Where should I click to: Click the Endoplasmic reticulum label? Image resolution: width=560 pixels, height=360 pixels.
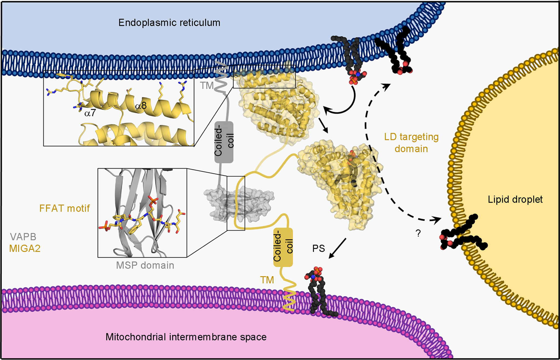(169, 22)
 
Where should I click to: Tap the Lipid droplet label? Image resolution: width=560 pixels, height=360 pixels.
(515, 199)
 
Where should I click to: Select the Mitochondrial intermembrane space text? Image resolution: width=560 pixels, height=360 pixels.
(186, 337)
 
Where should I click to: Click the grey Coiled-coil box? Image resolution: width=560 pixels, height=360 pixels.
(224, 142)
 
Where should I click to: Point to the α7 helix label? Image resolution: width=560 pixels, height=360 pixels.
(90, 113)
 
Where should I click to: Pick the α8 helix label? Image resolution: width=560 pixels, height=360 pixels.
(141, 106)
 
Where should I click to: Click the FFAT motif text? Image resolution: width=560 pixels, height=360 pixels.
(64, 208)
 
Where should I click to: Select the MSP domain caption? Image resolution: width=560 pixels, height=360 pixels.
(145, 265)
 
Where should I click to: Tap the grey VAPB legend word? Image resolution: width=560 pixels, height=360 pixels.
(23, 237)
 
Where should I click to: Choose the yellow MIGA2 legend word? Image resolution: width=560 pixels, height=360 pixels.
(25, 248)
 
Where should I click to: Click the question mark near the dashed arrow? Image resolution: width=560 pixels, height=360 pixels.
(418, 233)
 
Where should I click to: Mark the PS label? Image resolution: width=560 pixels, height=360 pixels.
(318, 248)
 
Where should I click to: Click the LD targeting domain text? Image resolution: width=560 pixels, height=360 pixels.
(411, 143)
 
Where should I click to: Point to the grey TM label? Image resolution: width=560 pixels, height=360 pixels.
(206, 85)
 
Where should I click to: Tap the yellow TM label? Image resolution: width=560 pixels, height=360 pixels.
(267, 280)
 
